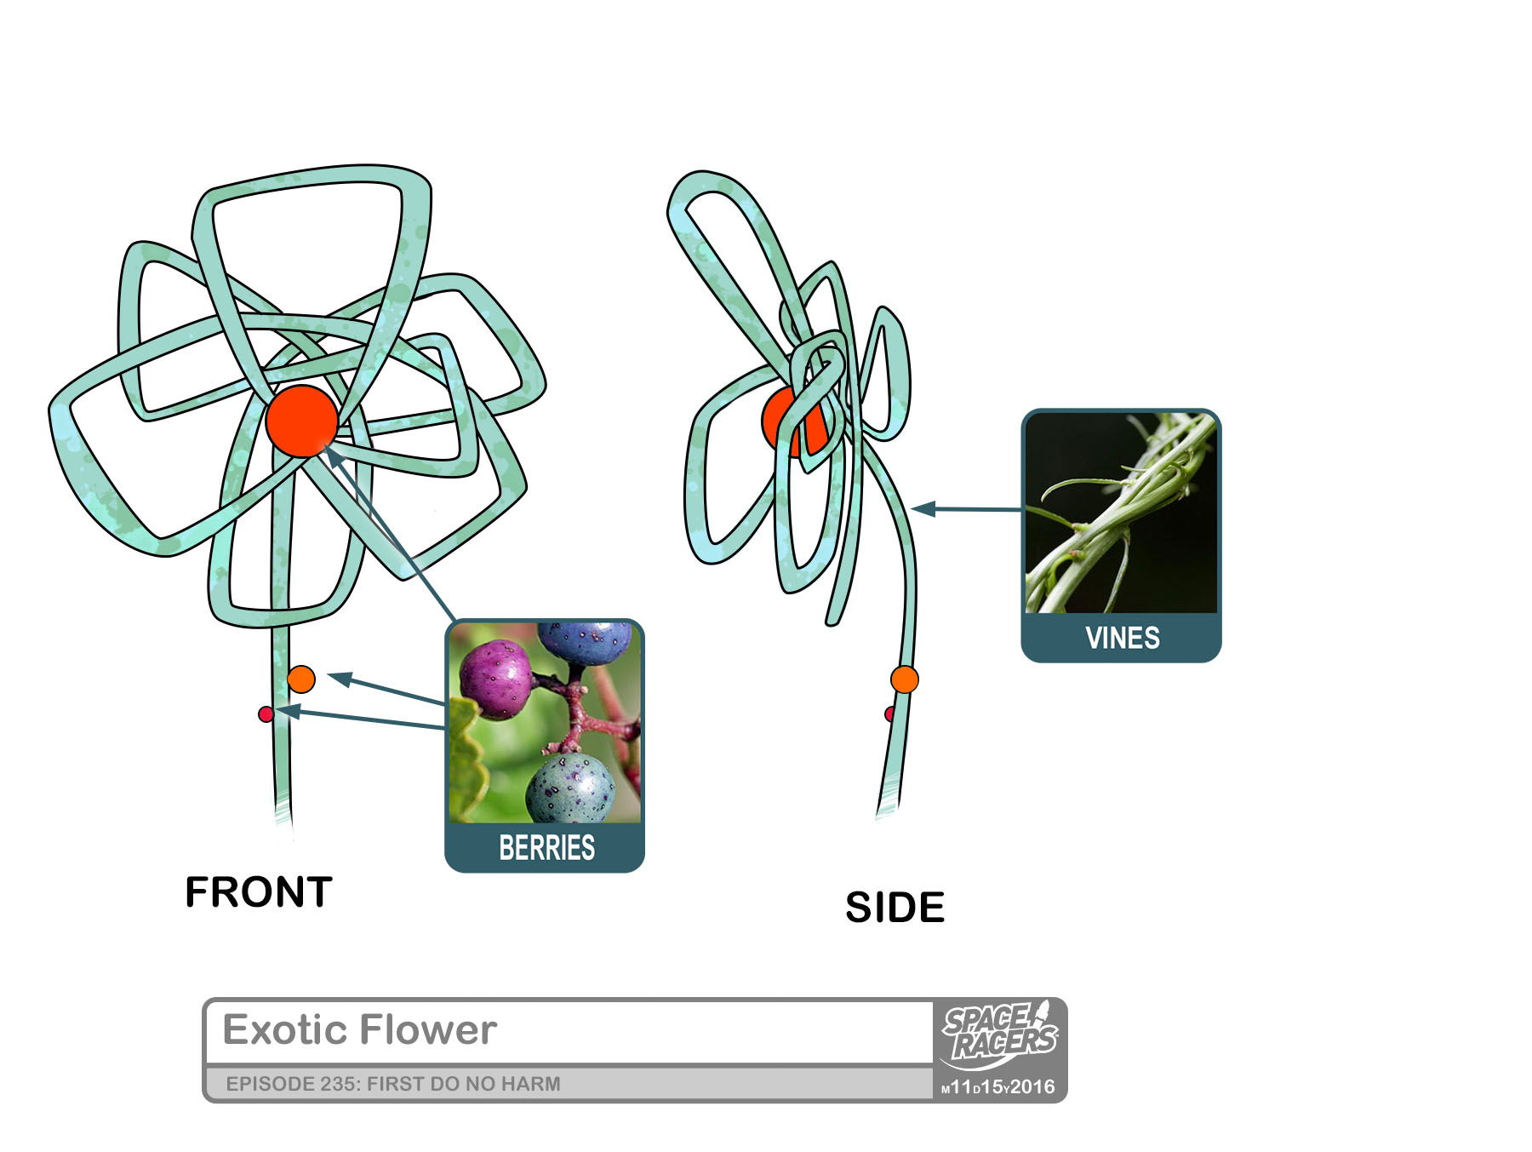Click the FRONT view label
click(x=259, y=892)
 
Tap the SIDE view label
click(x=895, y=908)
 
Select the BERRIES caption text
click(x=546, y=848)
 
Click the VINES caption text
click(x=1122, y=638)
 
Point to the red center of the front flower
click(x=302, y=421)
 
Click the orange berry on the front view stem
click(x=301, y=679)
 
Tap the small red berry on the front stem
click(x=266, y=714)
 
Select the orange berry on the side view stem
click(x=905, y=679)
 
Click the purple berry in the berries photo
click(x=496, y=680)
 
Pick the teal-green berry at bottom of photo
click(x=569, y=788)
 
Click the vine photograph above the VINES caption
click(x=1121, y=513)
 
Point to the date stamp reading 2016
click(x=1032, y=1087)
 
